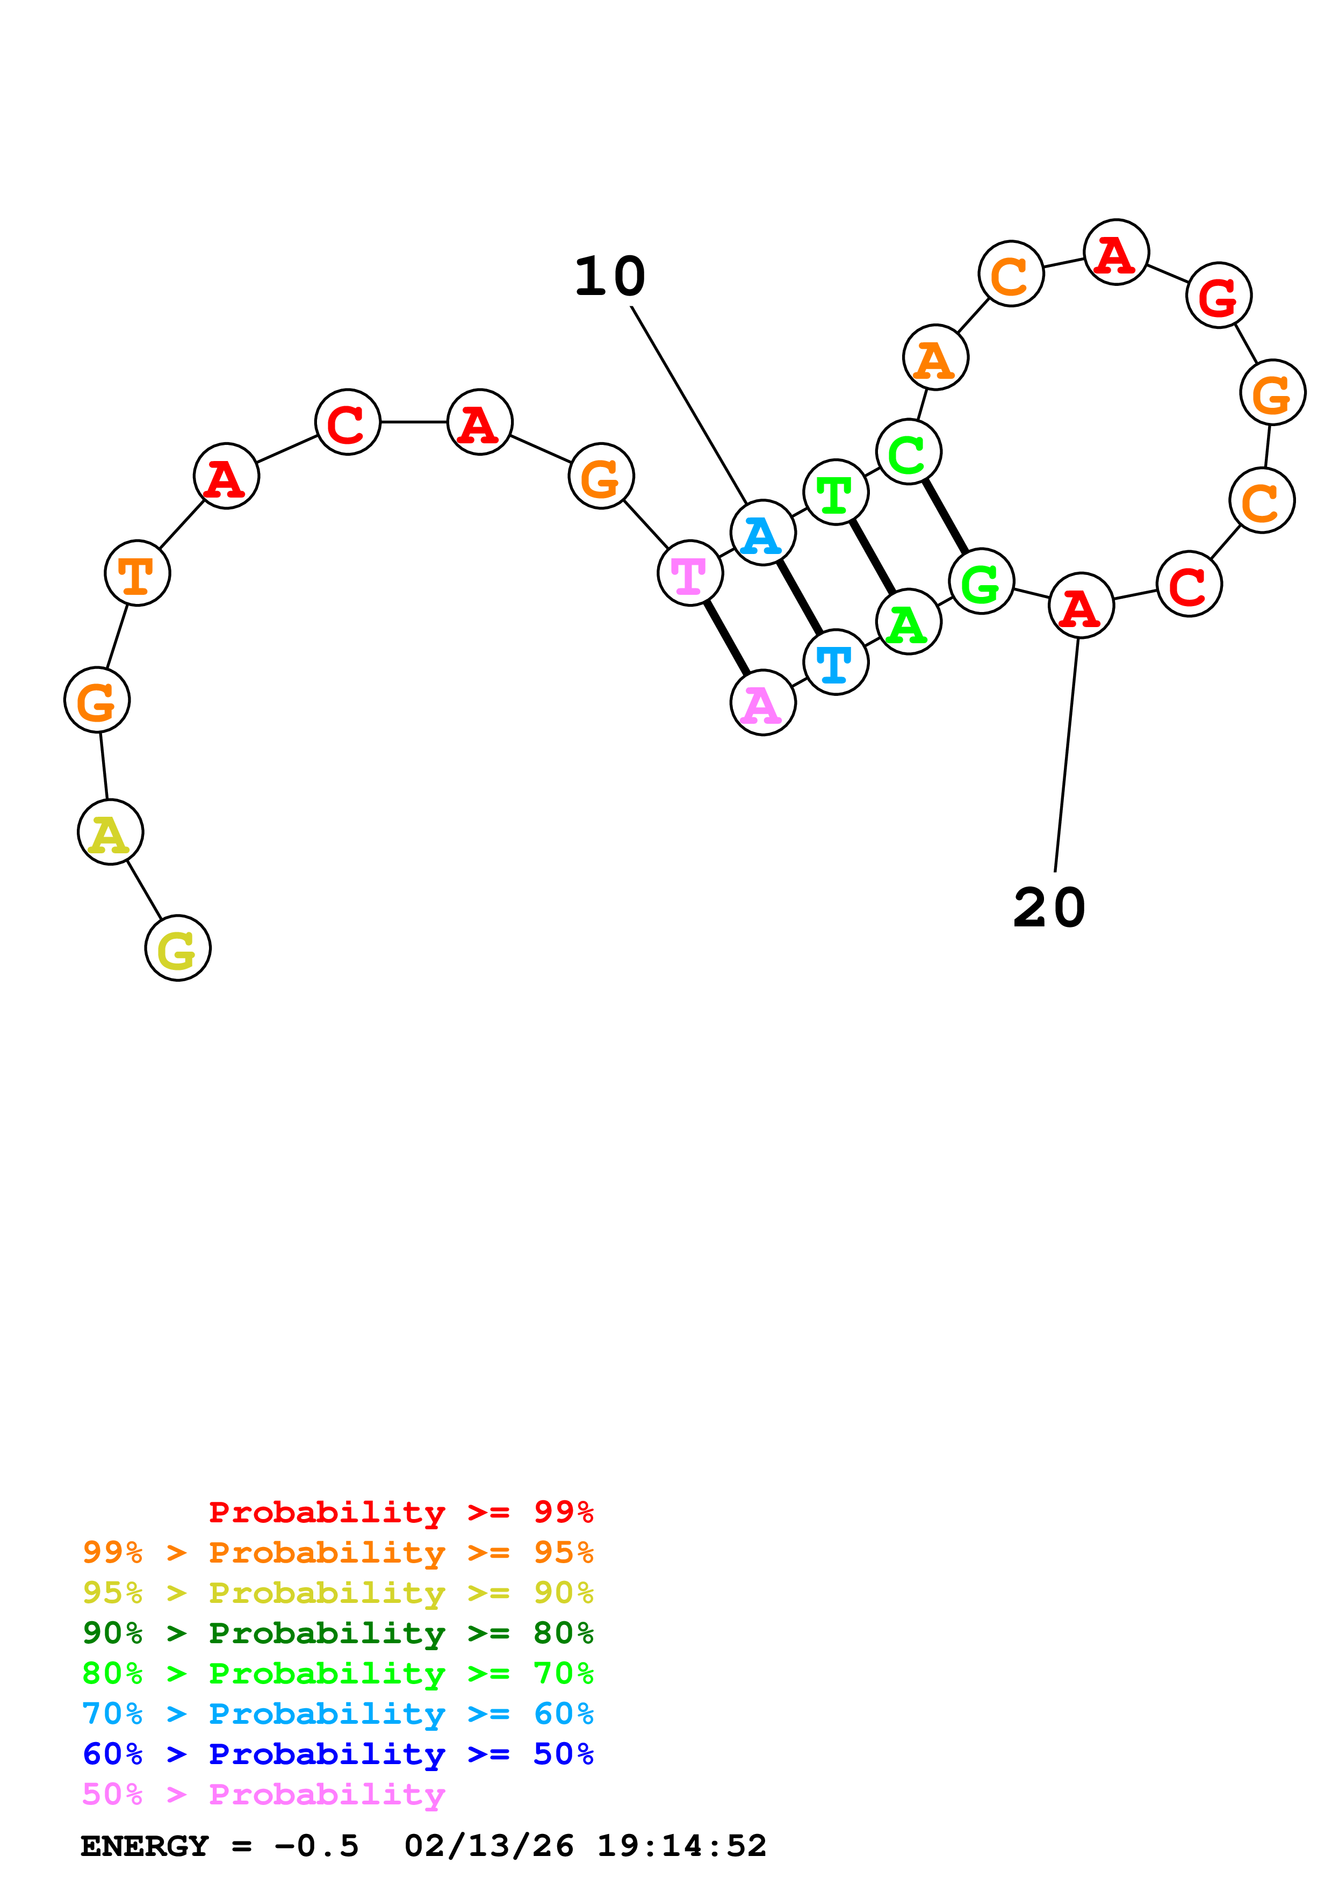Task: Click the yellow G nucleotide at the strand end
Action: coord(177,948)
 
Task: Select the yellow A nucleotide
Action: coord(110,832)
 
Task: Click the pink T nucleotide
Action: coord(690,573)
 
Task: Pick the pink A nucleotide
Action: coord(762,703)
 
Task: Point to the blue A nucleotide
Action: coord(762,533)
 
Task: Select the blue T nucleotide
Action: coord(836,663)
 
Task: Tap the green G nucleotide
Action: coord(981,581)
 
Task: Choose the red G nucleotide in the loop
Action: coord(1218,296)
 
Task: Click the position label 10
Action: coord(610,277)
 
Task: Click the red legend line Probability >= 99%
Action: coord(400,1512)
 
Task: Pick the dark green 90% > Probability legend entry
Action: coord(337,1633)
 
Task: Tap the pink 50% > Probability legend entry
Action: coord(263,1795)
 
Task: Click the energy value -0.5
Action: coord(317,1846)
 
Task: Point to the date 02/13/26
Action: coord(488,1846)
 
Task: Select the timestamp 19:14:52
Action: coord(681,1846)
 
